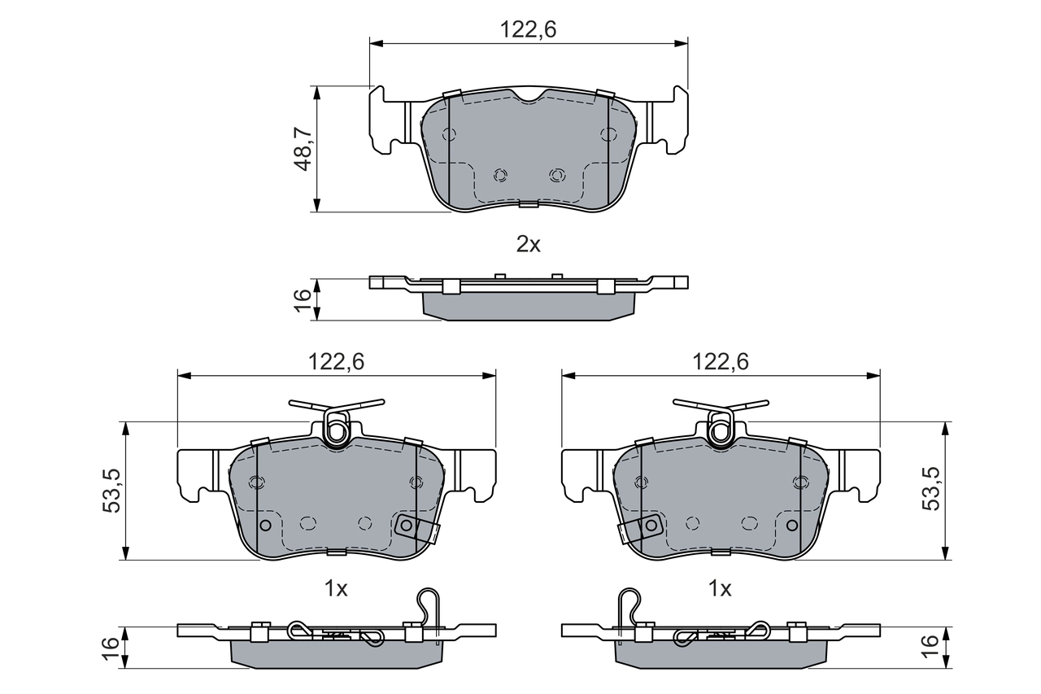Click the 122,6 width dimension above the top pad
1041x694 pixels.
coord(529,30)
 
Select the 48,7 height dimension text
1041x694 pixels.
coord(303,148)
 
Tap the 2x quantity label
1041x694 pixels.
coord(529,244)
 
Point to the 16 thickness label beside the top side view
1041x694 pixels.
coord(303,298)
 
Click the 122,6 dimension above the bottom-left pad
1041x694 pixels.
coord(336,362)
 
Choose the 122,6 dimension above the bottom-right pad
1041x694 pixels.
coord(721,362)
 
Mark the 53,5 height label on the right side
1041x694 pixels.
coord(931,491)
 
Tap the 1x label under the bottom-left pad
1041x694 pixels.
coord(336,588)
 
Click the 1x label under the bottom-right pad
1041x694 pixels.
coord(721,588)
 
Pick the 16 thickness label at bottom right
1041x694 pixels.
coord(931,648)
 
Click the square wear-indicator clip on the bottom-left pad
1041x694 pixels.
coord(407,526)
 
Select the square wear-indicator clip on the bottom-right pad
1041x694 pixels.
coord(650,526)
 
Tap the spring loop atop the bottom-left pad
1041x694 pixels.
coord(337,426)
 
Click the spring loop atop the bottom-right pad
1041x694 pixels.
coord(721,426)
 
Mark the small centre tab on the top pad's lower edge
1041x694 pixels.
coord(529,203)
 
